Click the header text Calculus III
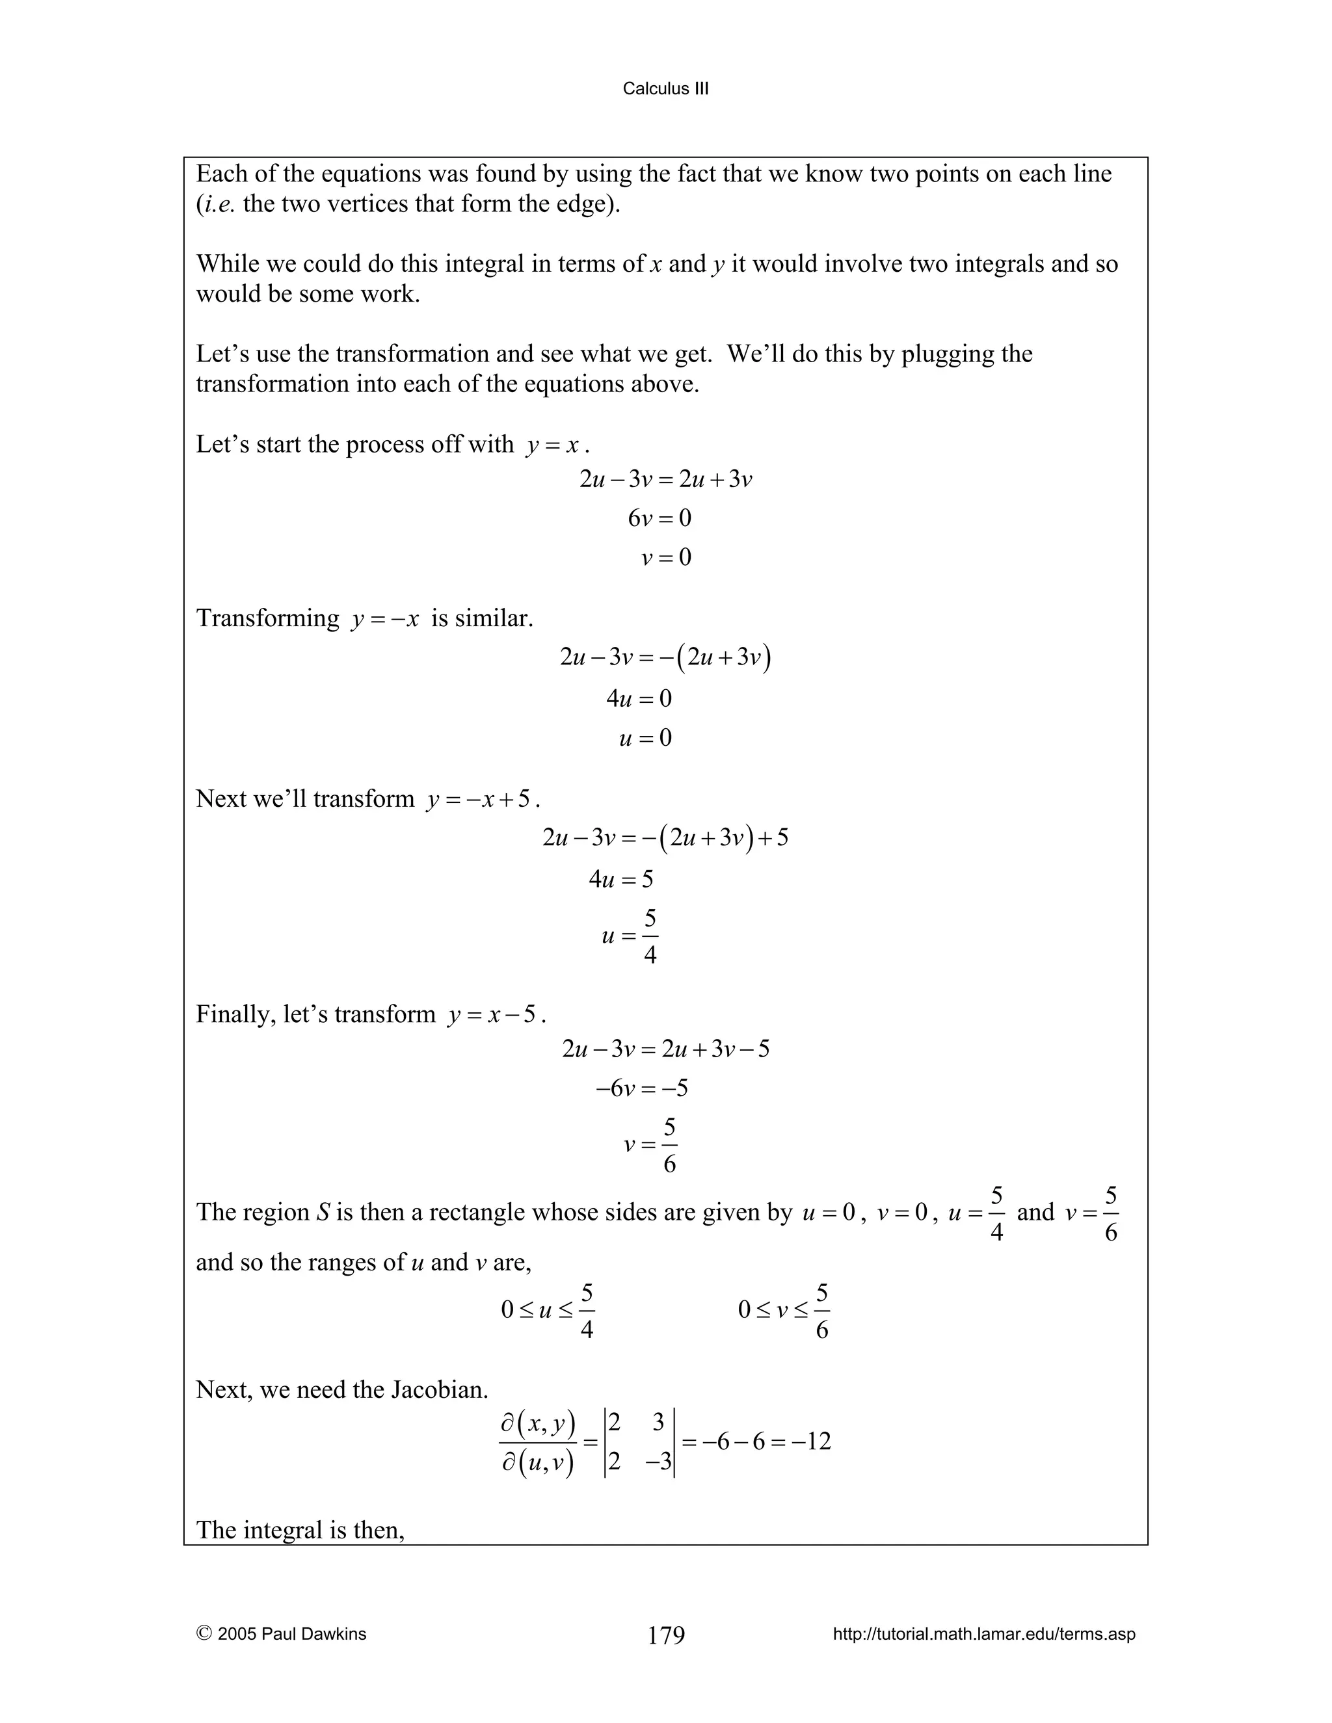(665, 88)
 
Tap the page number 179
(666, 1635)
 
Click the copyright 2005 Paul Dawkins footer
(281, 1634)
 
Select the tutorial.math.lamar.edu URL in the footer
(984, 1634)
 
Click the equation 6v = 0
(659, 518)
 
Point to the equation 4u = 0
(639, 698)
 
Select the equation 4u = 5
(621, 879)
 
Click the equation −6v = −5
(641, 1088)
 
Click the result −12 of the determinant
(814, 1442)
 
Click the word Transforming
(267, 618)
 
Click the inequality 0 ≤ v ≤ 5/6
(784, 1311)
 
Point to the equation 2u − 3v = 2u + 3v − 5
(665, 1049)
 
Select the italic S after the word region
(323, 1212)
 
